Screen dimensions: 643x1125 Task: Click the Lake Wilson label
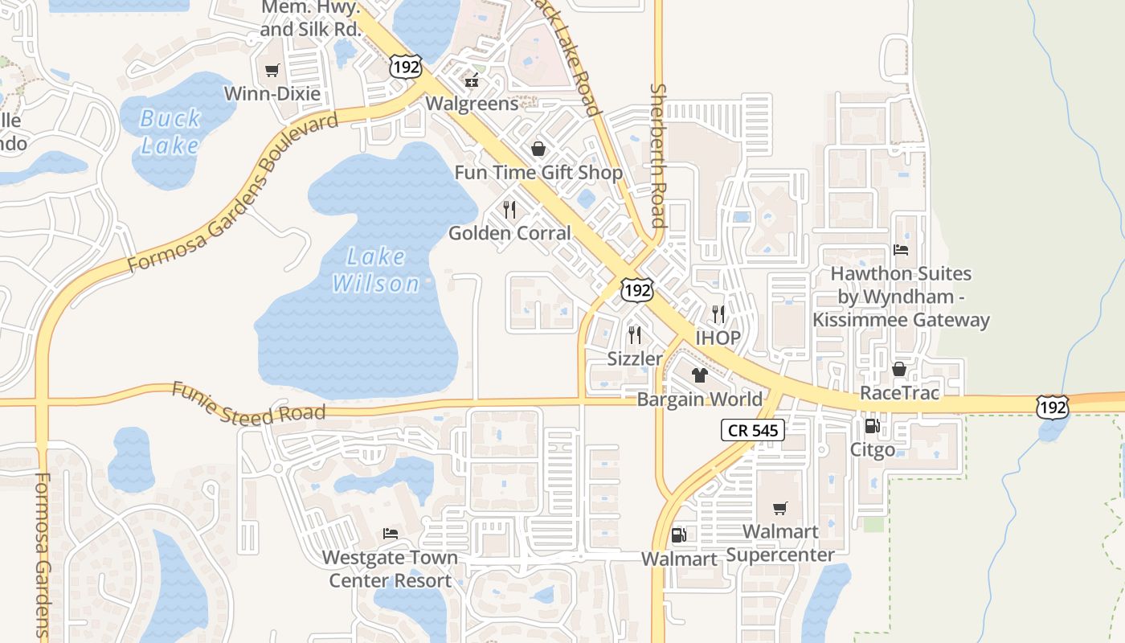tap(376, 270)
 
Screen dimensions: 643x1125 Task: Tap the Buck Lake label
tap(170, 132)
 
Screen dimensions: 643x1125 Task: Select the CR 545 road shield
tap(752, 431)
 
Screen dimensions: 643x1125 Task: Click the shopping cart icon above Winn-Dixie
tap(272, 71)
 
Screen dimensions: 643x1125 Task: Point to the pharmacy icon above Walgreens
tap(472, 80)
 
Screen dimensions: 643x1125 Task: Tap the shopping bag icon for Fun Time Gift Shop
tap(538, 149)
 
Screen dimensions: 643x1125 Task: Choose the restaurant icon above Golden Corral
tap(509, 210)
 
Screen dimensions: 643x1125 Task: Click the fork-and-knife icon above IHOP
tap(718, 313)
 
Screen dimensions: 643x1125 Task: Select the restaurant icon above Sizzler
tap(634, 334)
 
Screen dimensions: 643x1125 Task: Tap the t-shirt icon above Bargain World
tap(699, 375)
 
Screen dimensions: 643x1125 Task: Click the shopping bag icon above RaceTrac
tap(898, 369)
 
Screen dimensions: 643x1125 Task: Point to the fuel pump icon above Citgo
tap(872, 426)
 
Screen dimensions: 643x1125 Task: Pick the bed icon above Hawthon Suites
tap(901, 250)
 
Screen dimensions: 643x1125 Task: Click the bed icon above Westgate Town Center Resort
tap(390, 533)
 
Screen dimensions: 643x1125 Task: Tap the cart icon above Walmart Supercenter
tap(779, 508)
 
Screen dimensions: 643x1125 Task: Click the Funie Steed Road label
tap(249, 403)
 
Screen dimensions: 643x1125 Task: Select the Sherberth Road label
tap(658, 156)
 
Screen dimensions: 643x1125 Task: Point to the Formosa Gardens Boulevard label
tap(233, 195)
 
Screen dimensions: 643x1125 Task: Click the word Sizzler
tap(635, 358)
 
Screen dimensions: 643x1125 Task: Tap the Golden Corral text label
tap(509, 233)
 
